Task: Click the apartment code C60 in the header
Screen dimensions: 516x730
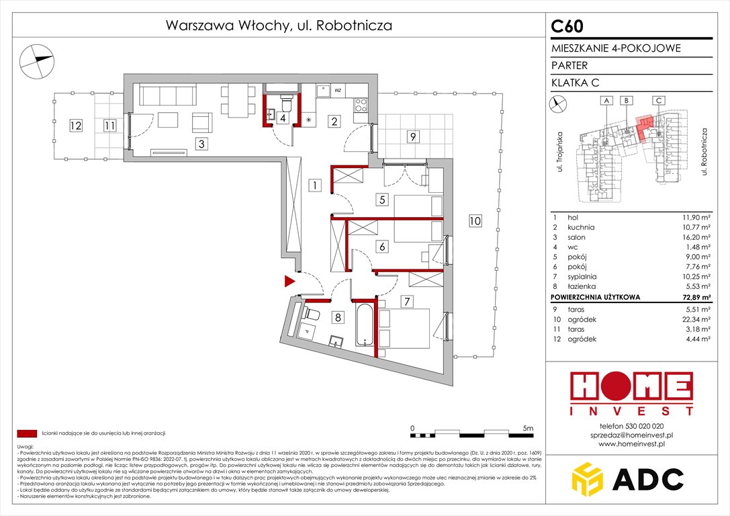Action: pyautogui.click(x=567, y=26)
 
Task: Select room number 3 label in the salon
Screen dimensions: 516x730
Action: pyautogui.click(x=199, y=142)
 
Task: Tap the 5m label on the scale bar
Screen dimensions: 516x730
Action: pyautogui.click(x=527, y=428)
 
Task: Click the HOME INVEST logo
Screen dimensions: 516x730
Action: pyautogui.click(x=631, y=393)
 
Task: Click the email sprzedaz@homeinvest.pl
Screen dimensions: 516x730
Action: pyautogui.click(x=631, y=435)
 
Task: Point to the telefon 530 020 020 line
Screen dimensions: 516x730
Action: pyautogui.click(x=631, y=426)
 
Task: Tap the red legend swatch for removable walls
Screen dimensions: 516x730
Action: pyautogui.click(x=28, y=433)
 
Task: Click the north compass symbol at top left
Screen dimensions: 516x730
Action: pyautogui.click(x=36, y=60)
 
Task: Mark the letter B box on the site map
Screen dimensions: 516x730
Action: pyautogui.click(x=626, y=101)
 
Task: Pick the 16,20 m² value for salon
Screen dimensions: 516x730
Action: pyautogui.click(x=696, y=237)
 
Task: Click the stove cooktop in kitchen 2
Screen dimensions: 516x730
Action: pyautogui.click(x=360, y=104)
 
